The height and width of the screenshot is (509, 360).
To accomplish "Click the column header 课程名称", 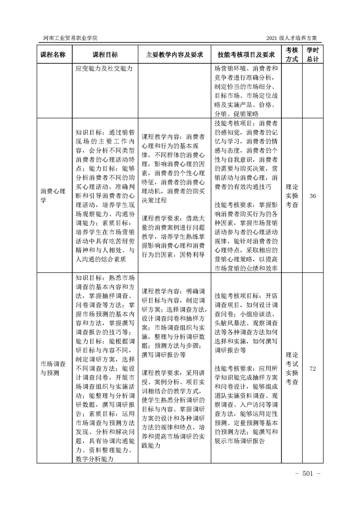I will click(53, 54).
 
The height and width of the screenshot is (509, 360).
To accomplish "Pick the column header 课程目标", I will click(105, 54).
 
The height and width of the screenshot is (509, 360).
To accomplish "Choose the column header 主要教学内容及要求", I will click(174, 54).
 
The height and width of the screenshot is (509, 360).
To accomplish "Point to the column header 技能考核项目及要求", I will click(246, 54).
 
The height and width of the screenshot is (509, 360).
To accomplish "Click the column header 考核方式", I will click(291, 54).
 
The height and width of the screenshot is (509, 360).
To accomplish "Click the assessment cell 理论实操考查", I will click(291, 196).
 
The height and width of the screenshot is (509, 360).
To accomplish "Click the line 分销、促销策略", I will click(237, 113).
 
